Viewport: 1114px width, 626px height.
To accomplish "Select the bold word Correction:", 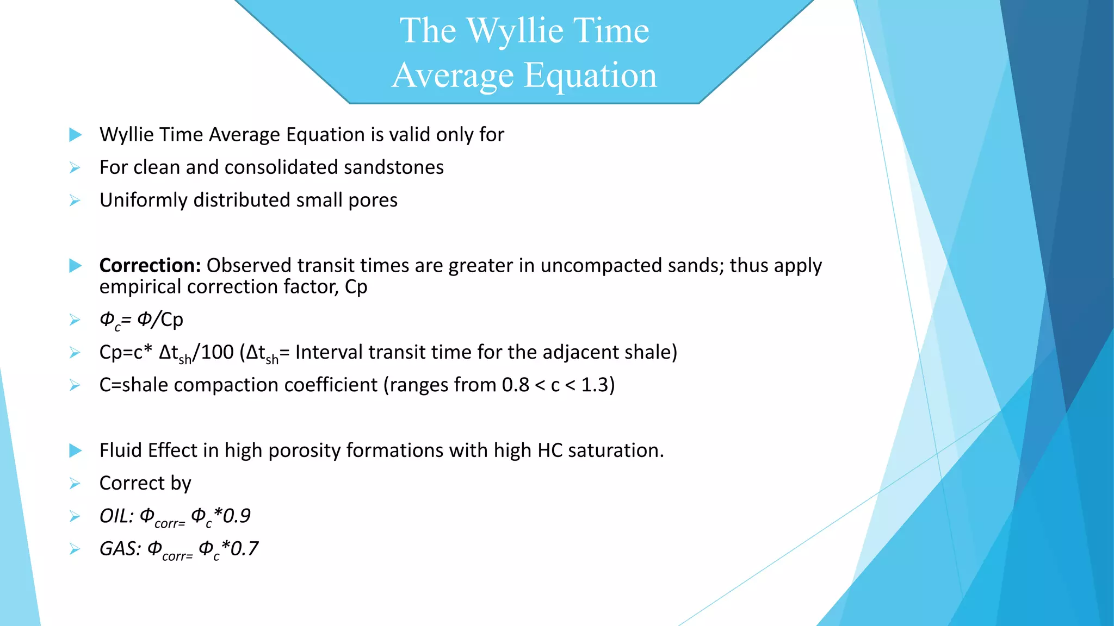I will click(x=150, y=266).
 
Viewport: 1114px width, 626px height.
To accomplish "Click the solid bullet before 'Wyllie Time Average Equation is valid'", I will click(x=76, y=135).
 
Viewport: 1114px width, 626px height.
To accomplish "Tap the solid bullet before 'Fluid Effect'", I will click(x=76, y=450).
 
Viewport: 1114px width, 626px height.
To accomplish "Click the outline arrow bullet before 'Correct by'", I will click(x=75, y=484).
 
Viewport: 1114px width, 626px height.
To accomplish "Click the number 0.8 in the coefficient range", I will click(x=515, y=385).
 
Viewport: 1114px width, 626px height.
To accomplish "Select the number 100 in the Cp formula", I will click(x=217, y=353).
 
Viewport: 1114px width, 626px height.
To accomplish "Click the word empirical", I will click(x=140, y=287).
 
